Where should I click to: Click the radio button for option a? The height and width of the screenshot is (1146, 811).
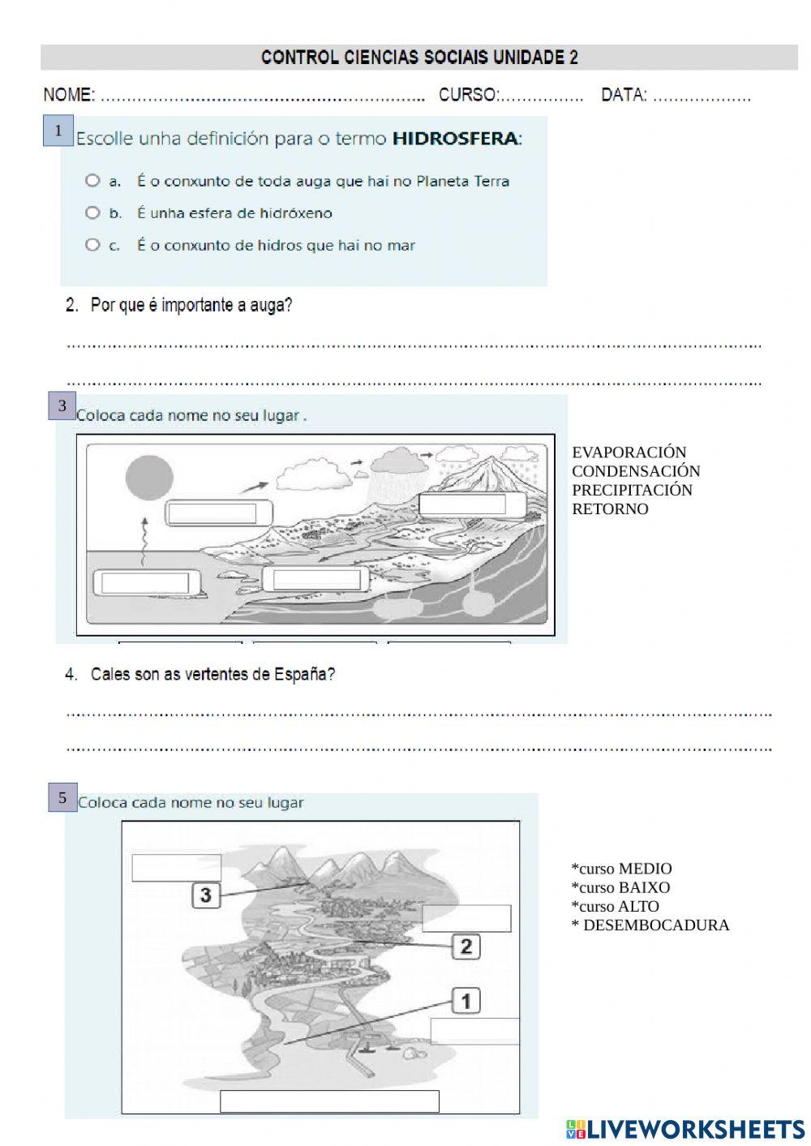pyautogui.click(x=92, y=180)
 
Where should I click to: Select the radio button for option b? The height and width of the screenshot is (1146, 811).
pyautogui.click(x=92, y=212)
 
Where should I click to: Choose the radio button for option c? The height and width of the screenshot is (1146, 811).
pyautogui.click(x=92, y=244)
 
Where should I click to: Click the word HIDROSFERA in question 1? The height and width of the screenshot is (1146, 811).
pyautogui.click(x=455, y=139)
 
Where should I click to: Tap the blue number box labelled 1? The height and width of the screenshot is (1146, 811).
pyautogui.click(x=58, y=131)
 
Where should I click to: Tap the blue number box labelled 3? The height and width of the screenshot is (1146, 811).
pyautogui.click(x=62, y=406)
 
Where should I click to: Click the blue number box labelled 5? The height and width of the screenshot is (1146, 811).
pyautogui.click(x=62, y=798)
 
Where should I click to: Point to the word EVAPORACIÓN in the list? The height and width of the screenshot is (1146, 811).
pyautogui.click(x=629, y=453)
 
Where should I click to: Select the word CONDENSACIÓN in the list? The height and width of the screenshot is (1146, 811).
pyautogui.click(x=635, y=471)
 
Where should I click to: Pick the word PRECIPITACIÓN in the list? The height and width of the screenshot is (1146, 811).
pyautogui.click(x=632, y=490)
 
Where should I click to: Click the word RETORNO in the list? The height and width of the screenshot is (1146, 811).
pyautogui.click(x=610, y=509)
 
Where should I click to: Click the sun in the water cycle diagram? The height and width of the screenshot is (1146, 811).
pyautogui.click(x=149, y=479)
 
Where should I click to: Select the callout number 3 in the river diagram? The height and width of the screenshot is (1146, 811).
pyautogui.click(x=206, y=895)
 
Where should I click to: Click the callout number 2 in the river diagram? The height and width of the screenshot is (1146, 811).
pyautogui.click(x=466, y=946)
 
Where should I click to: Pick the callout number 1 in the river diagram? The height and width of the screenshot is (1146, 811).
pyautogui.click(x=466, y=1001)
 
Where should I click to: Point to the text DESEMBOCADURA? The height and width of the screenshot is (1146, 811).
pyautogui.click(x=655, y=925)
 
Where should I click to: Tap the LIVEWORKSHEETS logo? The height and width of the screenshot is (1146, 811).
pyautogui.click(x=684, y=1129)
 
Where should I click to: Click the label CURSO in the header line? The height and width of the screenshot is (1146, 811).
pyautogui.click(x=468, y=95)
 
